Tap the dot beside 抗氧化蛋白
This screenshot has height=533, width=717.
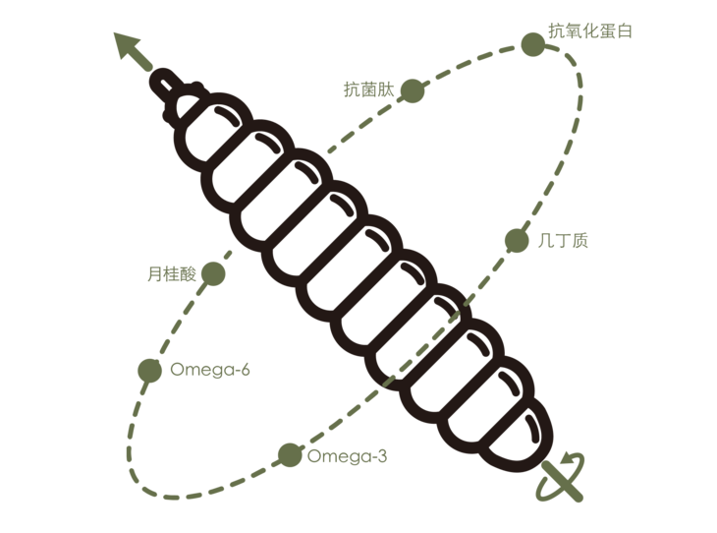(531, 43)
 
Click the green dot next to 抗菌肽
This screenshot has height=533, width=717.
(414, 90)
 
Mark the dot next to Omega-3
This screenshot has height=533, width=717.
(290, 454)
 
